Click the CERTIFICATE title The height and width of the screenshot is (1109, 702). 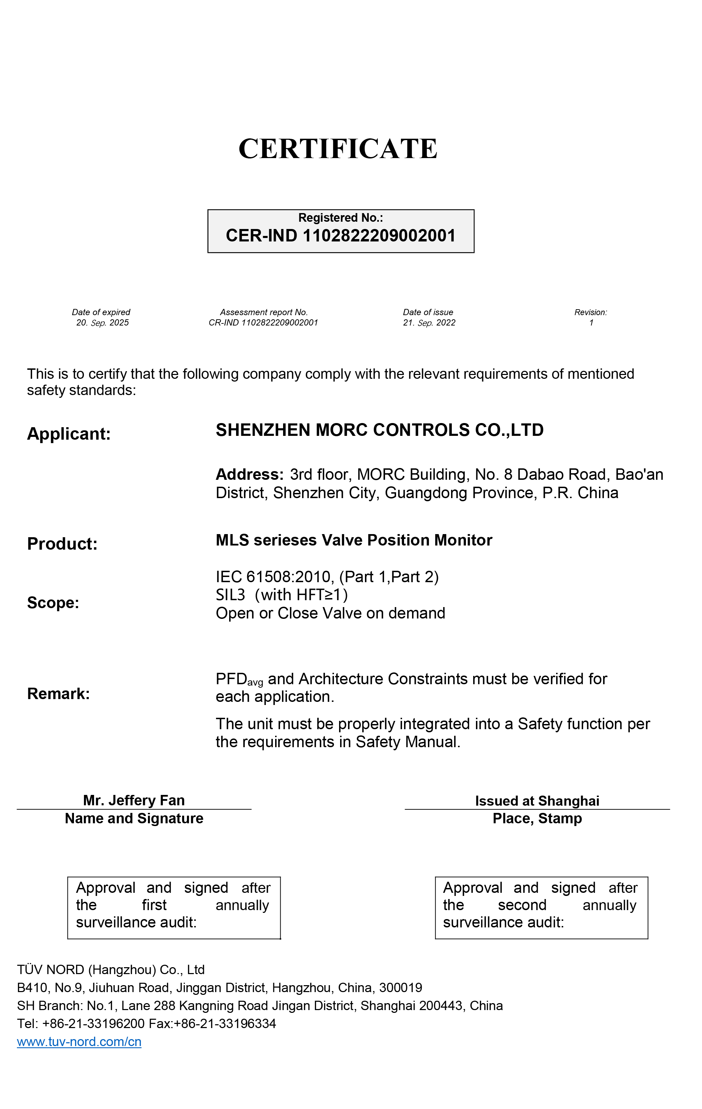[x=338, y=149]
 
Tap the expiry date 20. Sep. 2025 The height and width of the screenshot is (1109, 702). [x=102, y=323]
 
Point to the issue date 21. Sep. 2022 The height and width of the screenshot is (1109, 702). [x=429, y=323]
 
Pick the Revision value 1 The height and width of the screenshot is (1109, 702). [x=591, y=323]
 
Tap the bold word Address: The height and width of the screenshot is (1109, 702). [x=250, y=474]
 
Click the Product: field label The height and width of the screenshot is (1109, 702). [x=62, y=544]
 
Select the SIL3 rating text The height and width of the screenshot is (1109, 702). [x=230, y=595]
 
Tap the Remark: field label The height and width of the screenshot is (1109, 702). [x=58, y=694]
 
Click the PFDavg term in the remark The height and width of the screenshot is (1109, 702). [x=239, y=680]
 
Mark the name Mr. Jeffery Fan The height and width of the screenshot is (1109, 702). [x=134, y=800]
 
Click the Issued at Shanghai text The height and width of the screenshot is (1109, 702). [x=537, y=801]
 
